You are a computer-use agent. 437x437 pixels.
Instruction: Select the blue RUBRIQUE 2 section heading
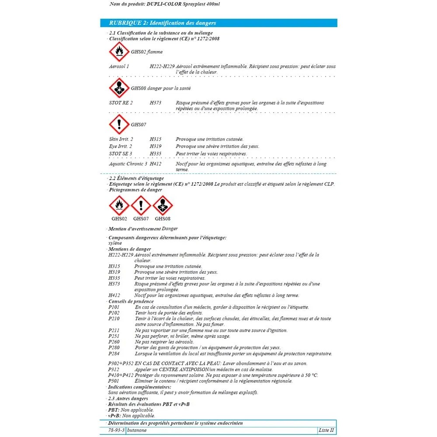pos(158,23)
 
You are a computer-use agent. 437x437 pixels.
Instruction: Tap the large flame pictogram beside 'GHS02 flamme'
pos(119,52)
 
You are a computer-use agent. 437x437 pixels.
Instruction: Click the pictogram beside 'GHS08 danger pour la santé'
pos(119,88)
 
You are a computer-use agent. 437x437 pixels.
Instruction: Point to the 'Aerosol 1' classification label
pos(119,66)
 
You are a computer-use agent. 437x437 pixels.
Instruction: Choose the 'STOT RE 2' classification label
pos(121,103)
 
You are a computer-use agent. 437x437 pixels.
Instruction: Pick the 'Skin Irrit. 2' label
pos(121,139)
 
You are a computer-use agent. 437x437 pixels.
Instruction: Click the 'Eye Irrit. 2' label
pos(121,146)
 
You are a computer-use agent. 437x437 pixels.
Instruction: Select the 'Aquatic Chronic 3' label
pos(128,164)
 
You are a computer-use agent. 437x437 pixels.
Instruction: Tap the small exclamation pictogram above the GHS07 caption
pos(141,205)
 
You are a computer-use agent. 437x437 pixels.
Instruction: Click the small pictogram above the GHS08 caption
pos(163,205)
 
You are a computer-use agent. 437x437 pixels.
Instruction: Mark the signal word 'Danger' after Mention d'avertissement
pos(170,229)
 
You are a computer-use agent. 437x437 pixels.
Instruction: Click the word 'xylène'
pos(115,243)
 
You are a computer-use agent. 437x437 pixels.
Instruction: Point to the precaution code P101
pos(114,307)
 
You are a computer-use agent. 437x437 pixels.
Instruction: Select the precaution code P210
pos(114,319)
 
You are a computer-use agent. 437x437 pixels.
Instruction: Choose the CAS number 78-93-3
pos(117,430)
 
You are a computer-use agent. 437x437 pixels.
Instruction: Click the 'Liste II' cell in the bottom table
pos(326,430)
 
